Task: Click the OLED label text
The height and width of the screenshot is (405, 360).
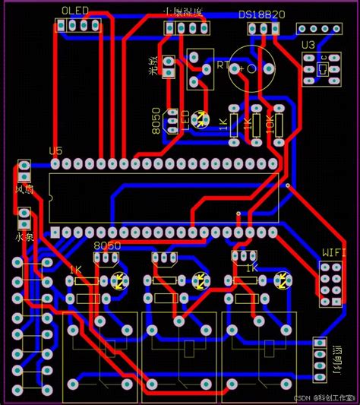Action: click(x=74, y=10)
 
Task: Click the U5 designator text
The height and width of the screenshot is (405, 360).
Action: click(x=55, y=150)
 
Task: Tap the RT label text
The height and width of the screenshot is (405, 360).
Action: click(x=223, y=66)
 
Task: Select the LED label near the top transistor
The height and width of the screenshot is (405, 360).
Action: click(x=185, y=119)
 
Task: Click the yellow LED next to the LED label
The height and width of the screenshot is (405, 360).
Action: click(x=200, y=119)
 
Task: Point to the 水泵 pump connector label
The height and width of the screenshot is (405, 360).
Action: click(x=24, y=237)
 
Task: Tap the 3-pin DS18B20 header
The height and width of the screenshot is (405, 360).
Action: click(x=264, y=29)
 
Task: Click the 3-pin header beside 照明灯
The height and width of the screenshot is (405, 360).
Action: click(x=319, y=361)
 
